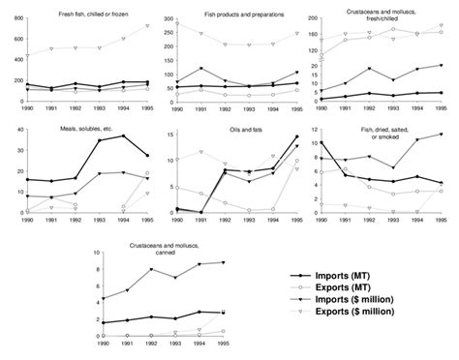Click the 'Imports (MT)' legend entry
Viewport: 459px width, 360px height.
[357, 276]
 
